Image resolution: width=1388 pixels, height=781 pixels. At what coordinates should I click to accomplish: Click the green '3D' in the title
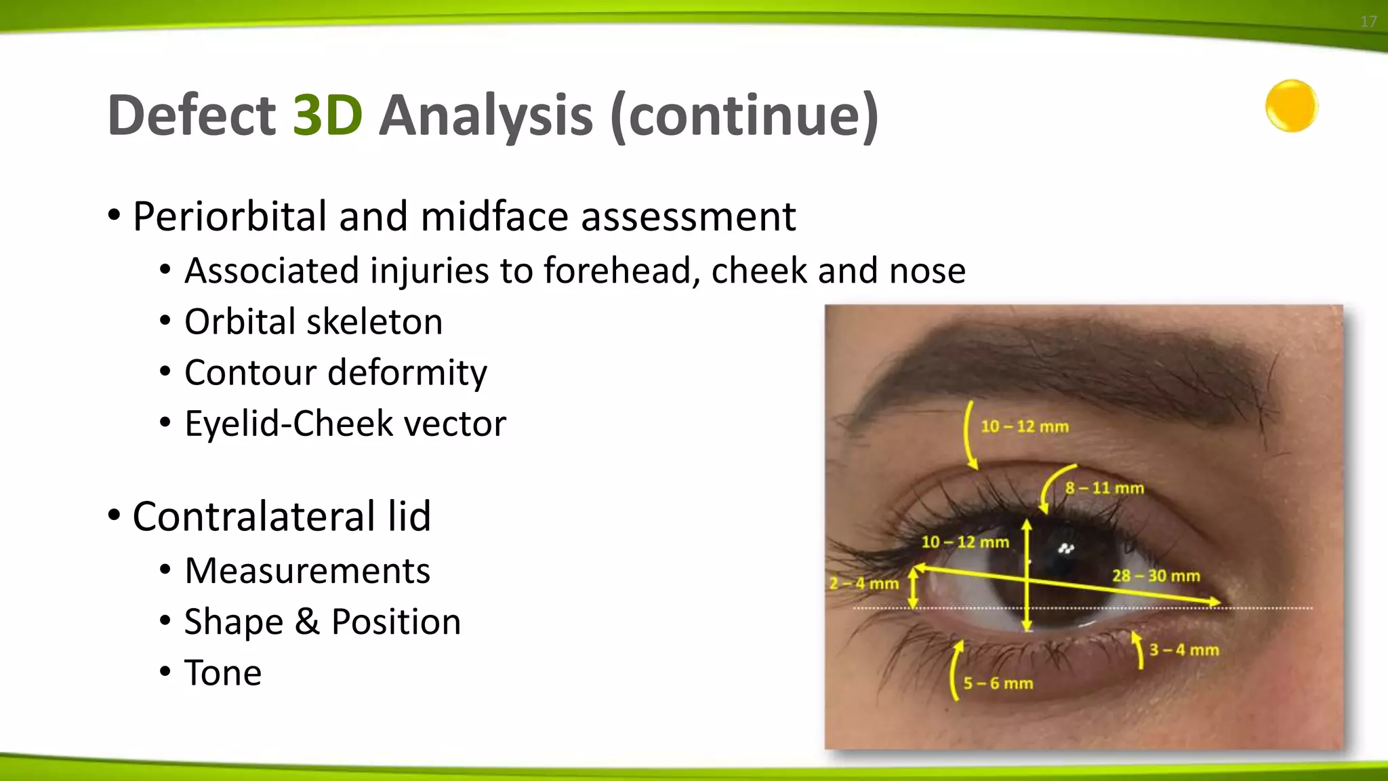tap(327, 115)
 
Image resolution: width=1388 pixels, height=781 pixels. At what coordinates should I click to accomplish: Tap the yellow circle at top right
tap(1291, 106)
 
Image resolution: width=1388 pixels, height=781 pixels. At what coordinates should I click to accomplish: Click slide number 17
tap(1368, 22)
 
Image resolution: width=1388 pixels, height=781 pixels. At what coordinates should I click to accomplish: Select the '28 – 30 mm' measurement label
tap(1156, 576)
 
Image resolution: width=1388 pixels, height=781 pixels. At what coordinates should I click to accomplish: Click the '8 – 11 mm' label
tap(1104, 488)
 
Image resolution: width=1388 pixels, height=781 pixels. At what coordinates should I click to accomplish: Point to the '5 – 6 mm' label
tap(998, 683)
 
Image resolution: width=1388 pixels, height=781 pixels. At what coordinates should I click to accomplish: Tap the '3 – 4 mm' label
tap(1183, 650)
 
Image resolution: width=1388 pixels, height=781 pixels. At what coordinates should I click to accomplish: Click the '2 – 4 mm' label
tap(864, 584)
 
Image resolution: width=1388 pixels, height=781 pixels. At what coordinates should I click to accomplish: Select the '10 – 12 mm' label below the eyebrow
tap(1024, 427)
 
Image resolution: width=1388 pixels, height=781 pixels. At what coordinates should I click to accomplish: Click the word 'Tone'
tap(223, 673)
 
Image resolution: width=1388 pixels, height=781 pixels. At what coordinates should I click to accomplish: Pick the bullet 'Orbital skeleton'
tap(313, 321)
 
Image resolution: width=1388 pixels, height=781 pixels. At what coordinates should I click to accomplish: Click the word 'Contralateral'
tap(253, 517)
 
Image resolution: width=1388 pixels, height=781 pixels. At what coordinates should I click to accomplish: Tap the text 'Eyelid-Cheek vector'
tap(345, 424)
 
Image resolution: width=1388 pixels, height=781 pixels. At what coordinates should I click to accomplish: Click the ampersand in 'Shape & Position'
tap(307, 622)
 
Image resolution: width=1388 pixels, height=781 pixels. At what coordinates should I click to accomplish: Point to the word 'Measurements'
tap(307, 571)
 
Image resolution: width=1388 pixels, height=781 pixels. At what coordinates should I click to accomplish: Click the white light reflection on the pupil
tap(1066, 548)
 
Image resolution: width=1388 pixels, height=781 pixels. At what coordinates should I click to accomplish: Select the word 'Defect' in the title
tap(191, 115)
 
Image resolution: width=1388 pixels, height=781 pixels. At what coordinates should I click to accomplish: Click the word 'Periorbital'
tap(229, 217)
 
